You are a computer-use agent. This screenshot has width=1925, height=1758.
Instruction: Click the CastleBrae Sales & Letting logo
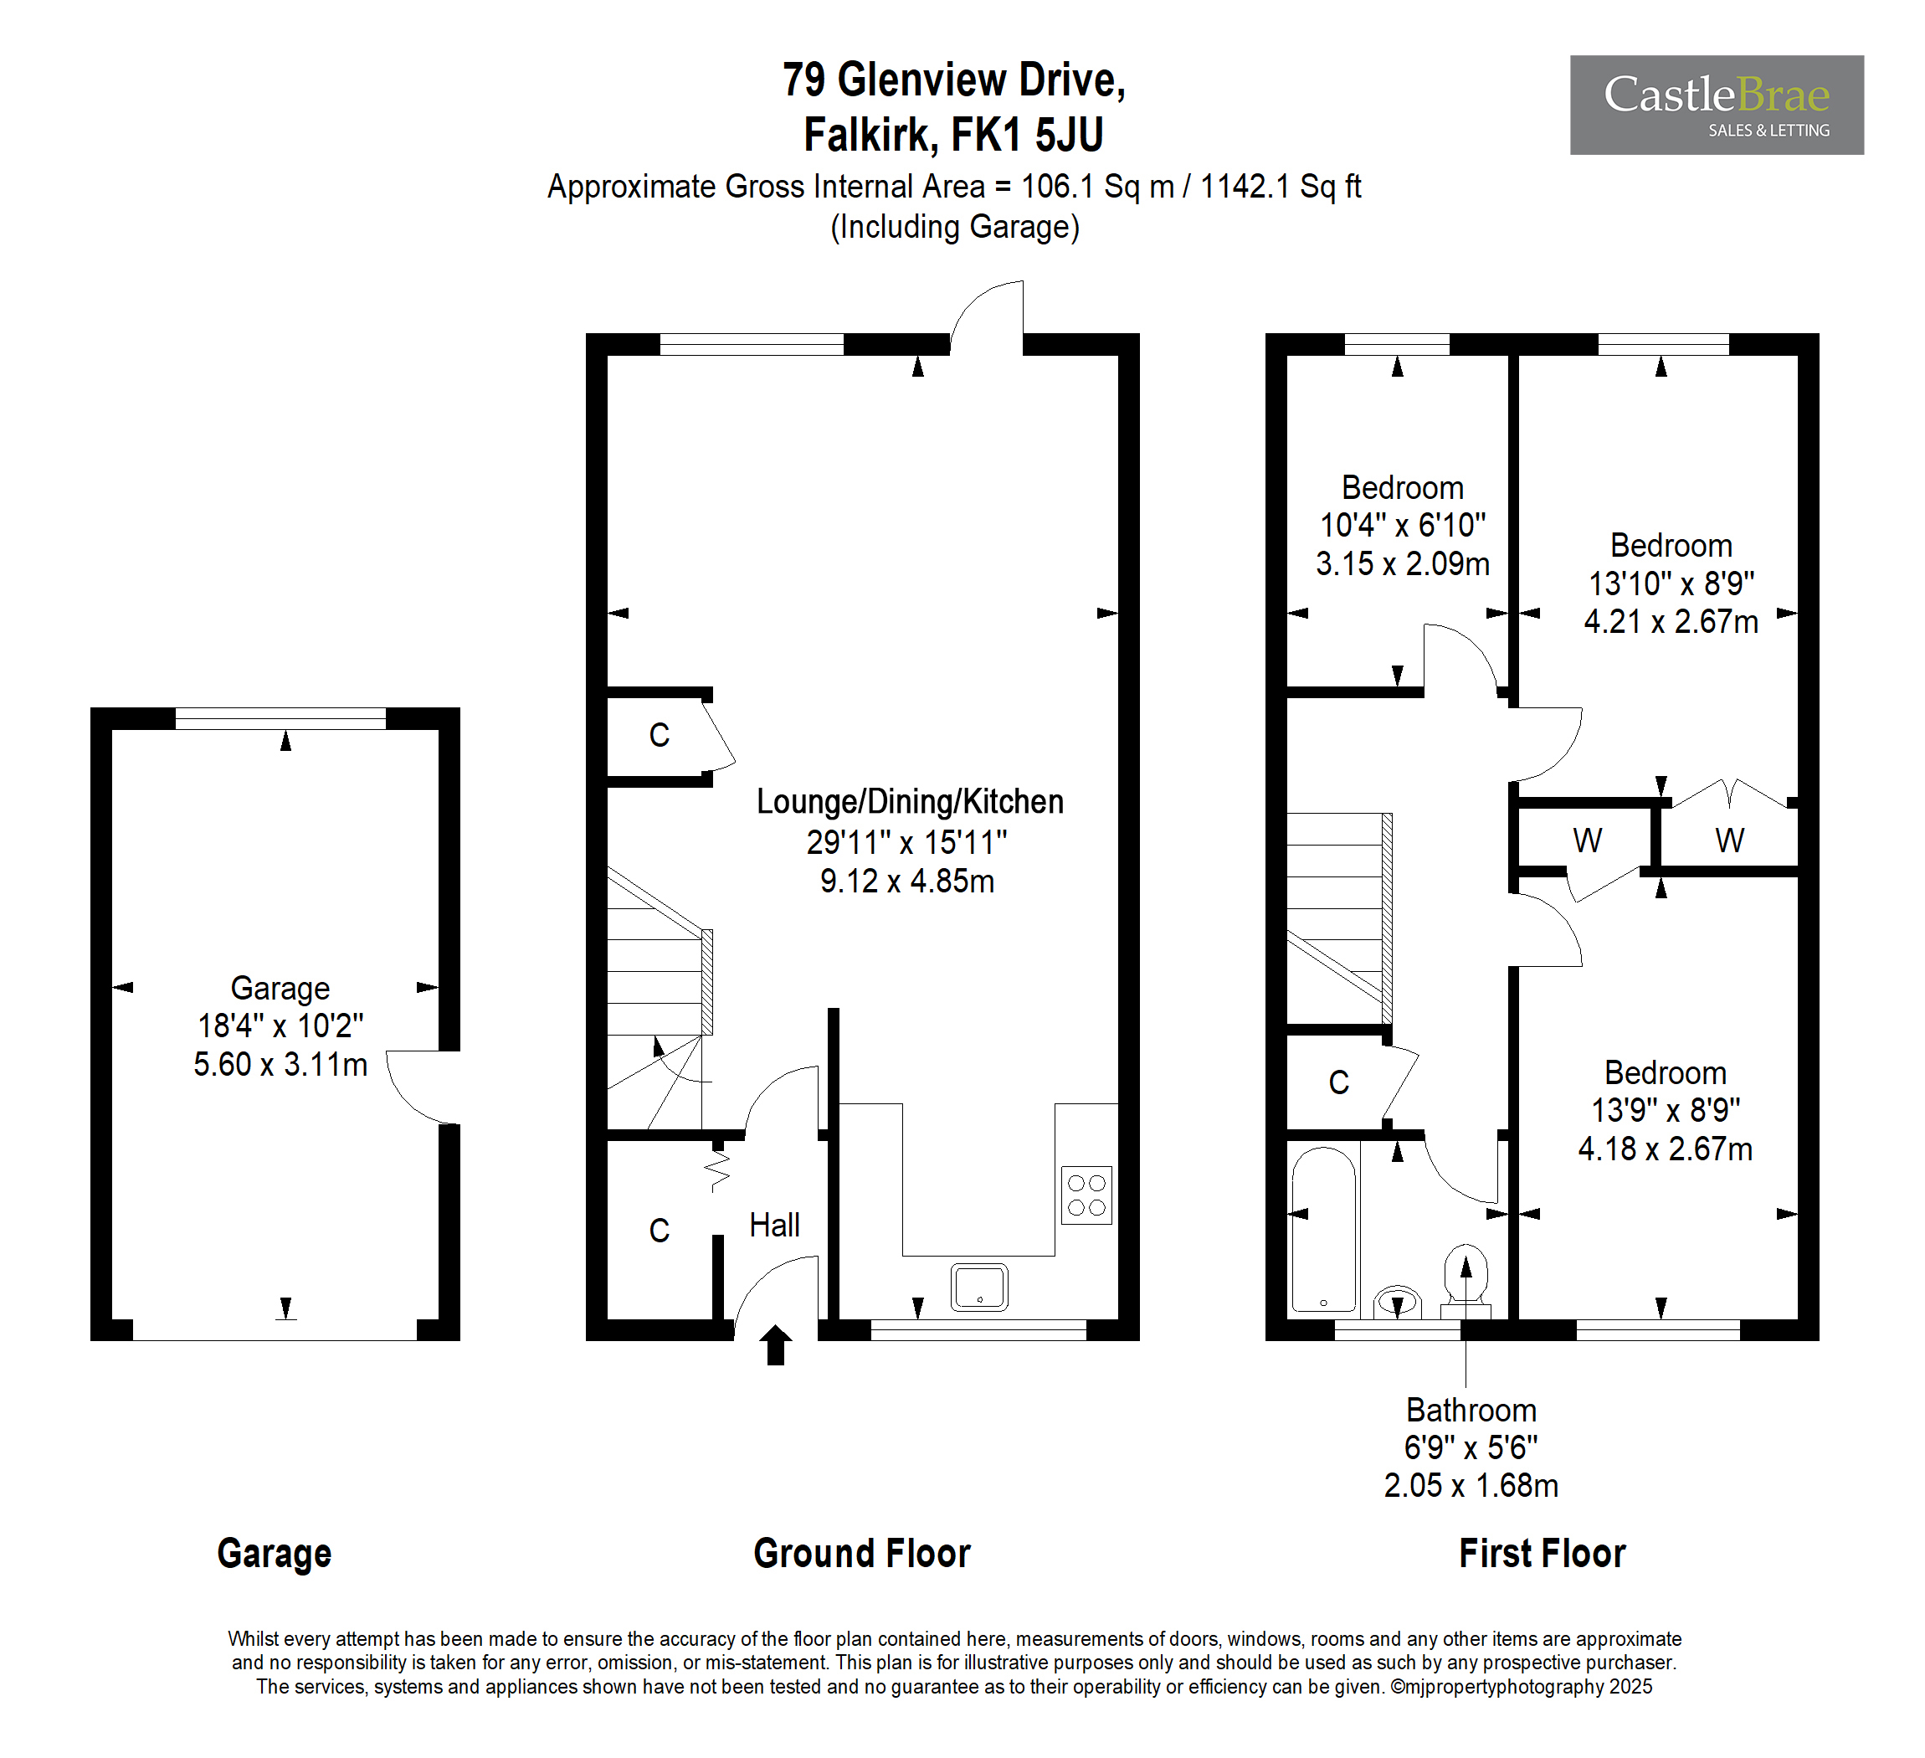pyautogui.click(x=1717, y=105)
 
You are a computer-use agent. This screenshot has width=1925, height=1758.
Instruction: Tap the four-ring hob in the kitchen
pyautogui.click(x=1086, y=1195)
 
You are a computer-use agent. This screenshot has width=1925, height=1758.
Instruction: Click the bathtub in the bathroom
pyautogui.click(x=1323, y=1230)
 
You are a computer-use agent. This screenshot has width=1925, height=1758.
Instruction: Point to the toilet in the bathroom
pyautogui.click(x=1466, y=1281)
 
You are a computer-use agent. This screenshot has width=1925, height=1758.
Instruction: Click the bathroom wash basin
pyautogui.click(x=1398, y=1302)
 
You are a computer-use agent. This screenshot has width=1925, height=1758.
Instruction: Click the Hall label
pyautogui.click(x=774, y=1225)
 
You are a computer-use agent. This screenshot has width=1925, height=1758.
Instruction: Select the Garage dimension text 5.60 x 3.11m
pyautogui.click(x=280, y=1064)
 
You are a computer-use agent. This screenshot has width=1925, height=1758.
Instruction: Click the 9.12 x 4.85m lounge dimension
pyautogui.click(x=907, y=881)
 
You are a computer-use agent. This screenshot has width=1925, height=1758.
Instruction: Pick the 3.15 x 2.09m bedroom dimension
pyautogui.click(x=1403, y=563)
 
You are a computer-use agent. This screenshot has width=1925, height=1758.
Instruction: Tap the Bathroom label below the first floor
pyautogui.click(x=1471, y=1410)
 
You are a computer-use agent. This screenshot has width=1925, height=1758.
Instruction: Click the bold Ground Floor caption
pyautogui.click(x=862, y=1554)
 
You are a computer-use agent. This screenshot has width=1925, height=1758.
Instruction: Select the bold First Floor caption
pyautogui.click(x=1543, y=1554)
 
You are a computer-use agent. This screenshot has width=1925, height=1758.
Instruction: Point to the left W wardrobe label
pyautogui.click(x=1587, y=840)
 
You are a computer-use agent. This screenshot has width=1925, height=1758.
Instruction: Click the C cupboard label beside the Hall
pyautogui.click(x=659, y=1230)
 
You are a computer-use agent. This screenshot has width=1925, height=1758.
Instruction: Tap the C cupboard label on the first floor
pyautogui.click(x=1339, y=1082)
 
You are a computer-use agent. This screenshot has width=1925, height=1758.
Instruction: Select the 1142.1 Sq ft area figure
pyautogui.click(x=1281, y=186)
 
